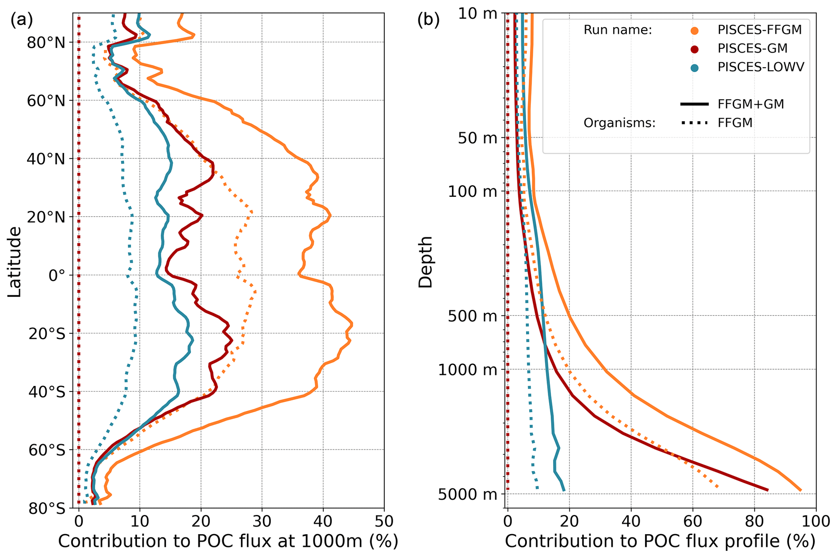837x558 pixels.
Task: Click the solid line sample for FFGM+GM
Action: tap(694, 104)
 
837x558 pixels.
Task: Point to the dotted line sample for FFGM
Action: tap(694, 123)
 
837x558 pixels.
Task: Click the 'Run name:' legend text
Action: tap(618, 30)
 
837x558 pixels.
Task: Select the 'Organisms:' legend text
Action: tap(619, 123)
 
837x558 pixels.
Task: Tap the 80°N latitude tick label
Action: tap(46, 43)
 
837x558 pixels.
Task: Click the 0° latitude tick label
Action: tap(57, 276)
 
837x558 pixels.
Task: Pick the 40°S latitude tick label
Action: tap(47, 392)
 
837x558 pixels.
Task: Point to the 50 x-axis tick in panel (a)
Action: tap(383, 522)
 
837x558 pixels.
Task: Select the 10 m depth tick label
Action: tap(478, 13)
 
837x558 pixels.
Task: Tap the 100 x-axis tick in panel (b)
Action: tap(816, 522)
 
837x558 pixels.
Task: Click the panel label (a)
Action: tap(21, 20)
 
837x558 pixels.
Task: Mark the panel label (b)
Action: tap(428, 20)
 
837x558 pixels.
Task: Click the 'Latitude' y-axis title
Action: tap(15, 262)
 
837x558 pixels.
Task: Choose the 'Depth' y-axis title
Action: tap(426, 262)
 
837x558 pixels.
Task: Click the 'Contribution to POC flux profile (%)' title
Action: tap(660, 541)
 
